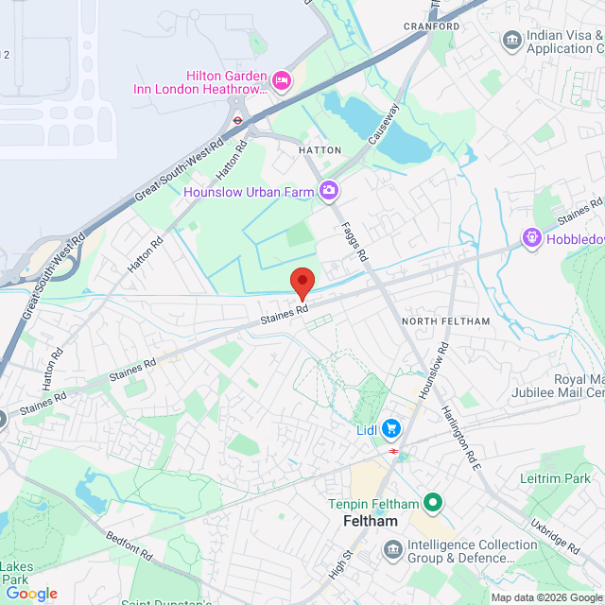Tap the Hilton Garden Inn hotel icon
pos(281,80)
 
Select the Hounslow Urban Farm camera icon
pos(329,191)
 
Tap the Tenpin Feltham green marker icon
pos(433,502)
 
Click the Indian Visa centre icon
pos(511,41)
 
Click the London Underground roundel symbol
pos(238,121)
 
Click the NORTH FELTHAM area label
pos(446,321)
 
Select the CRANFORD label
pos(432,26)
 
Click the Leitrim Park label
pos(554,478)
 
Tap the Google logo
pos(31,593)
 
